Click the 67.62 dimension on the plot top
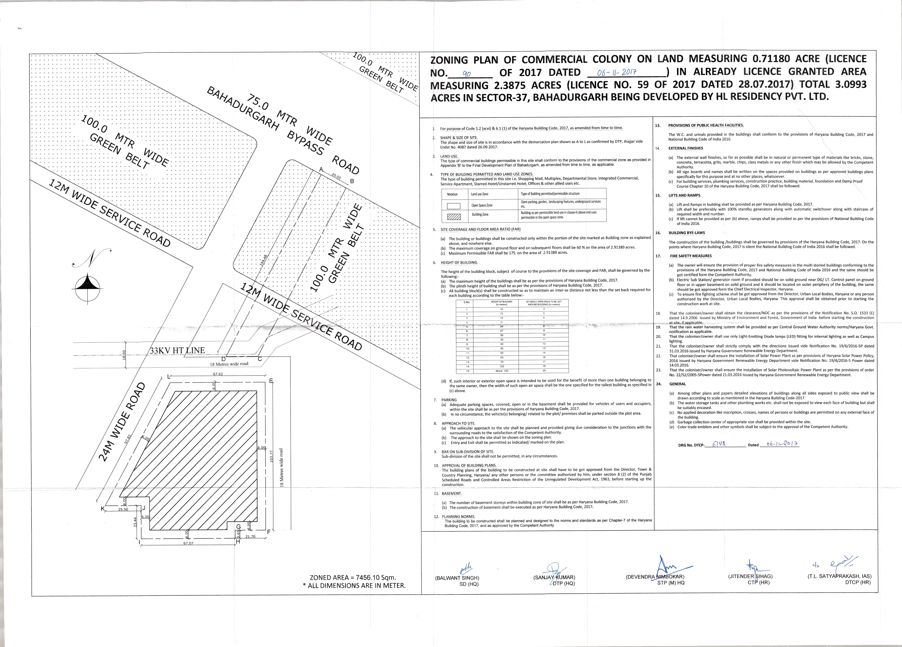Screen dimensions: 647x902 coord(218,374)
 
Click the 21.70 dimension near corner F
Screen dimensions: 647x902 coord(250,536)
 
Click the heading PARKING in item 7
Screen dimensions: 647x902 coord(449,400)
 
